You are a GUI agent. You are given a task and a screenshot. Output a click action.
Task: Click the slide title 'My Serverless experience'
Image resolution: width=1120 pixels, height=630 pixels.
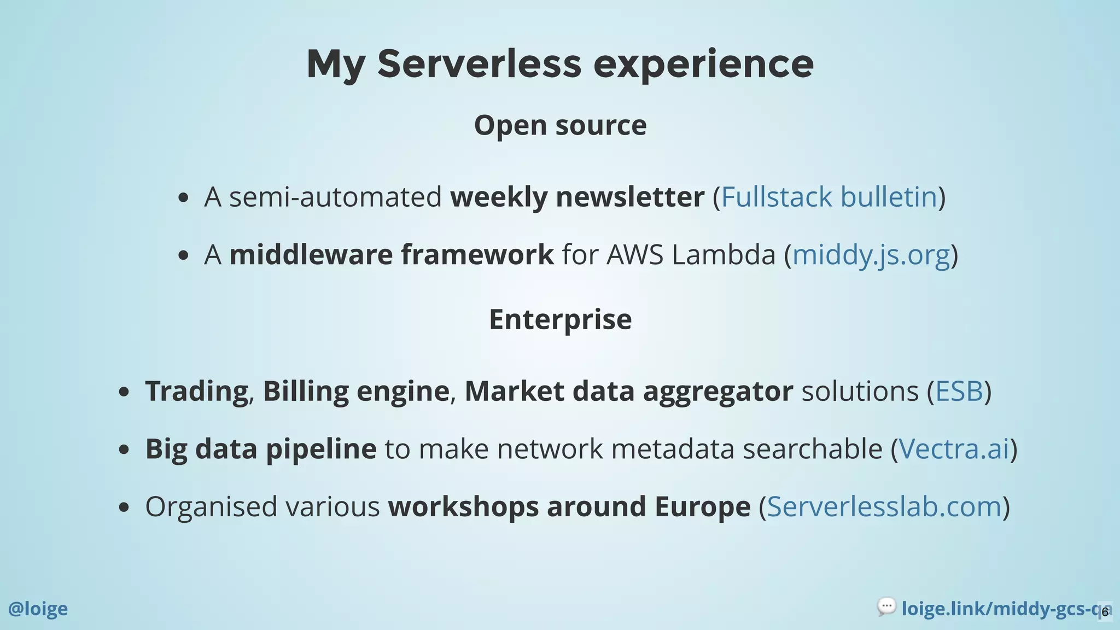pyautogui.click(x=560, y=64)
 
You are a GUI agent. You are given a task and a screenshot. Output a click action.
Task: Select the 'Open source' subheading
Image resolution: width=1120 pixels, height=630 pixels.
pyautogui.click(x=560, y=125)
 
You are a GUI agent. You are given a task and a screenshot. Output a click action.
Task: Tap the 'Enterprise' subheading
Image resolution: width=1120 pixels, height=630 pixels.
pyautogui.click(x=560, y=319)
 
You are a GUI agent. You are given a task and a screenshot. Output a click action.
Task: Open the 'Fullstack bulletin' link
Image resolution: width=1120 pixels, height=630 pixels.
pyautogui.click(x=829, y=197)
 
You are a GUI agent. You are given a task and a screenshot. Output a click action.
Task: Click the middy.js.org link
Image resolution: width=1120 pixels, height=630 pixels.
pyautogui.click(x=871, y=255)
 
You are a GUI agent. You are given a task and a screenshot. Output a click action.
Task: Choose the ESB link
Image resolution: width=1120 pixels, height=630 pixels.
pyautogui.click(x=959, y=391)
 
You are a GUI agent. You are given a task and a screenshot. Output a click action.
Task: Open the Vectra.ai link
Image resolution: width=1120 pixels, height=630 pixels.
pyautogui.click(x=954, y=449)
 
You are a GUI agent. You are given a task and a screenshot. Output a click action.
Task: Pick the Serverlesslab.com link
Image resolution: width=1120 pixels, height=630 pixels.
pyautogui.click(x=884, y=506)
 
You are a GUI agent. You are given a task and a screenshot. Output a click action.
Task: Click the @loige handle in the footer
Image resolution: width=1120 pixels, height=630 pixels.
pyautogui.click(x=38, y=609)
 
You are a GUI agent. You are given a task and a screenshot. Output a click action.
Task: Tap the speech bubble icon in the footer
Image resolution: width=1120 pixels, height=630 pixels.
pyautogui.click(x=886, y=606)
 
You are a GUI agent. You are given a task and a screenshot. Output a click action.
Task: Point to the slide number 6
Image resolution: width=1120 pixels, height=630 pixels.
pyautogui.click(x=1105, y=612)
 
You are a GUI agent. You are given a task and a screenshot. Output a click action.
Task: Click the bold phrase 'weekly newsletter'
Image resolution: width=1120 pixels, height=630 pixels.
pyautogui.click(x=577, y=197)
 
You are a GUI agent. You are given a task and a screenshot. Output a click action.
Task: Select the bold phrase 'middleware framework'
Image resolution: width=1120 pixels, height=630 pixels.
pyautogui.click(x=391, y=255)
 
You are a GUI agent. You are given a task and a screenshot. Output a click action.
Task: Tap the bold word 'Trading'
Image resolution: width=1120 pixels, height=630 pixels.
pyautogui.click(x=196, y=391)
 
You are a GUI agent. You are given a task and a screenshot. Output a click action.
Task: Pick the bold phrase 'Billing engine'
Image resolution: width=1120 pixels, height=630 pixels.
pyautogui.click(x=356, y=391)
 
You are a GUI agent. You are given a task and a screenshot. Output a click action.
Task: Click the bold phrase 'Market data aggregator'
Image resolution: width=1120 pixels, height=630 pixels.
pyautogui.click(x=628, y=391)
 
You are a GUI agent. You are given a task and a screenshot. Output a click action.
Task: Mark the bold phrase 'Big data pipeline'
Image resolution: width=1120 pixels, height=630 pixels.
pyautogui.click(x=260, y=449)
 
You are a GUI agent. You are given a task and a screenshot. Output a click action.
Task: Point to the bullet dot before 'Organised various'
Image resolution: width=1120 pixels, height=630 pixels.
pyautogui.click(x=124, y=507)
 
